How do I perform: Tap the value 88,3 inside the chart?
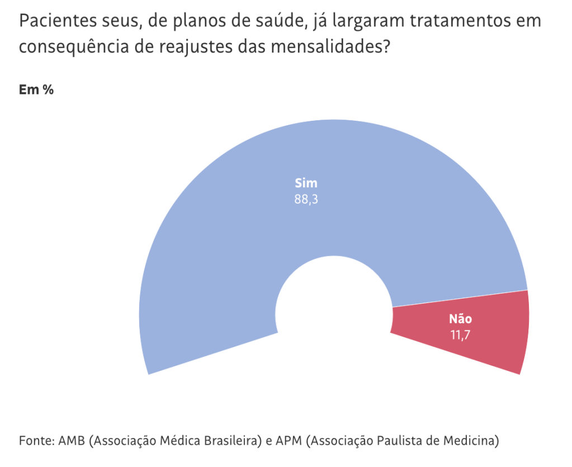point(306,199)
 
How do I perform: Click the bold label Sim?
point(306,183)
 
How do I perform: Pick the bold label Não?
point(460,319)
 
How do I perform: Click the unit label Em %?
point(36,90)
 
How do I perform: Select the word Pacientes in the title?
point(51,22)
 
